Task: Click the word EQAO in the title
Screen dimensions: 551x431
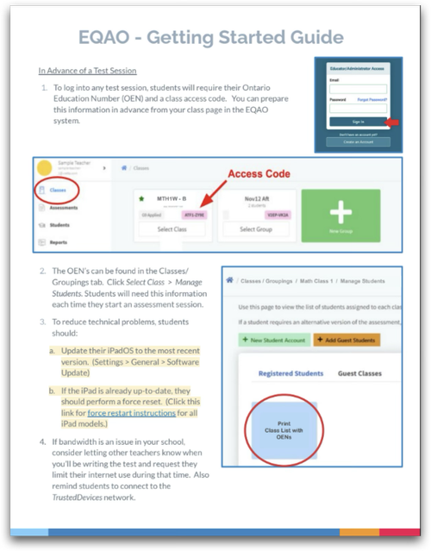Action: [x=111, y=37]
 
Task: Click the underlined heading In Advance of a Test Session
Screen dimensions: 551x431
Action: [x=87, y=70]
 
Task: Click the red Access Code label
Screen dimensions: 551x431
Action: [x=259, y=173]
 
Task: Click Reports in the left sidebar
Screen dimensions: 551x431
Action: [x=59, y=242]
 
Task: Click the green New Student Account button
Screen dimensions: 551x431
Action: [x=271, y=339]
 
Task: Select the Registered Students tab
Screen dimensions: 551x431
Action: [x=291, y=373]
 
